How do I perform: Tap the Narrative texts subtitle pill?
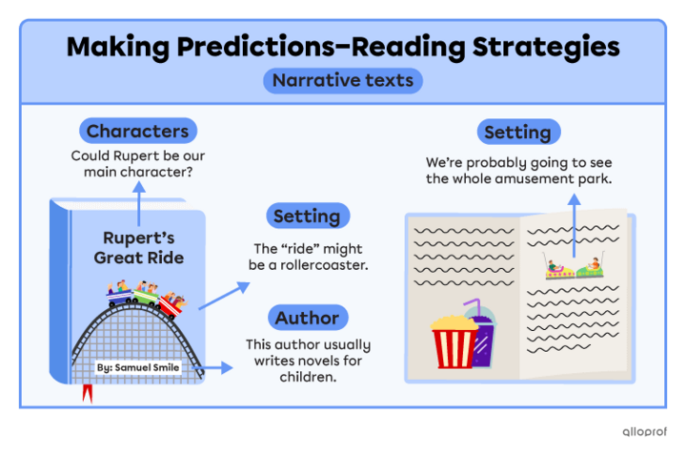click(x=343, y=80)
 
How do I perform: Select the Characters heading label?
click(x=137, y=131)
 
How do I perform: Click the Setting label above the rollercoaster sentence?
click(x=308, y=216)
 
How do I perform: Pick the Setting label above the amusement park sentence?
click(x=517, y=132)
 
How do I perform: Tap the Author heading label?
click(x=307, y=318)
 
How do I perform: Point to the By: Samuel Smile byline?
click(x=139, y=365)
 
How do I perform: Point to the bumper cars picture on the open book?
click(x=573, y=266)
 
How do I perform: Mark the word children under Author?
click(x=306, y=378)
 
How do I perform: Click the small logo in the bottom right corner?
click(x=644, y=430)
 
